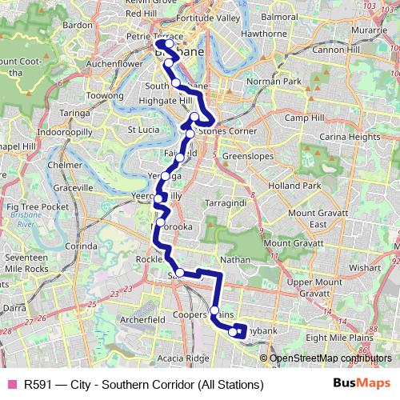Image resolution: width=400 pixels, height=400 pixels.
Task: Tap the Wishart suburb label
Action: point(365,269)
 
